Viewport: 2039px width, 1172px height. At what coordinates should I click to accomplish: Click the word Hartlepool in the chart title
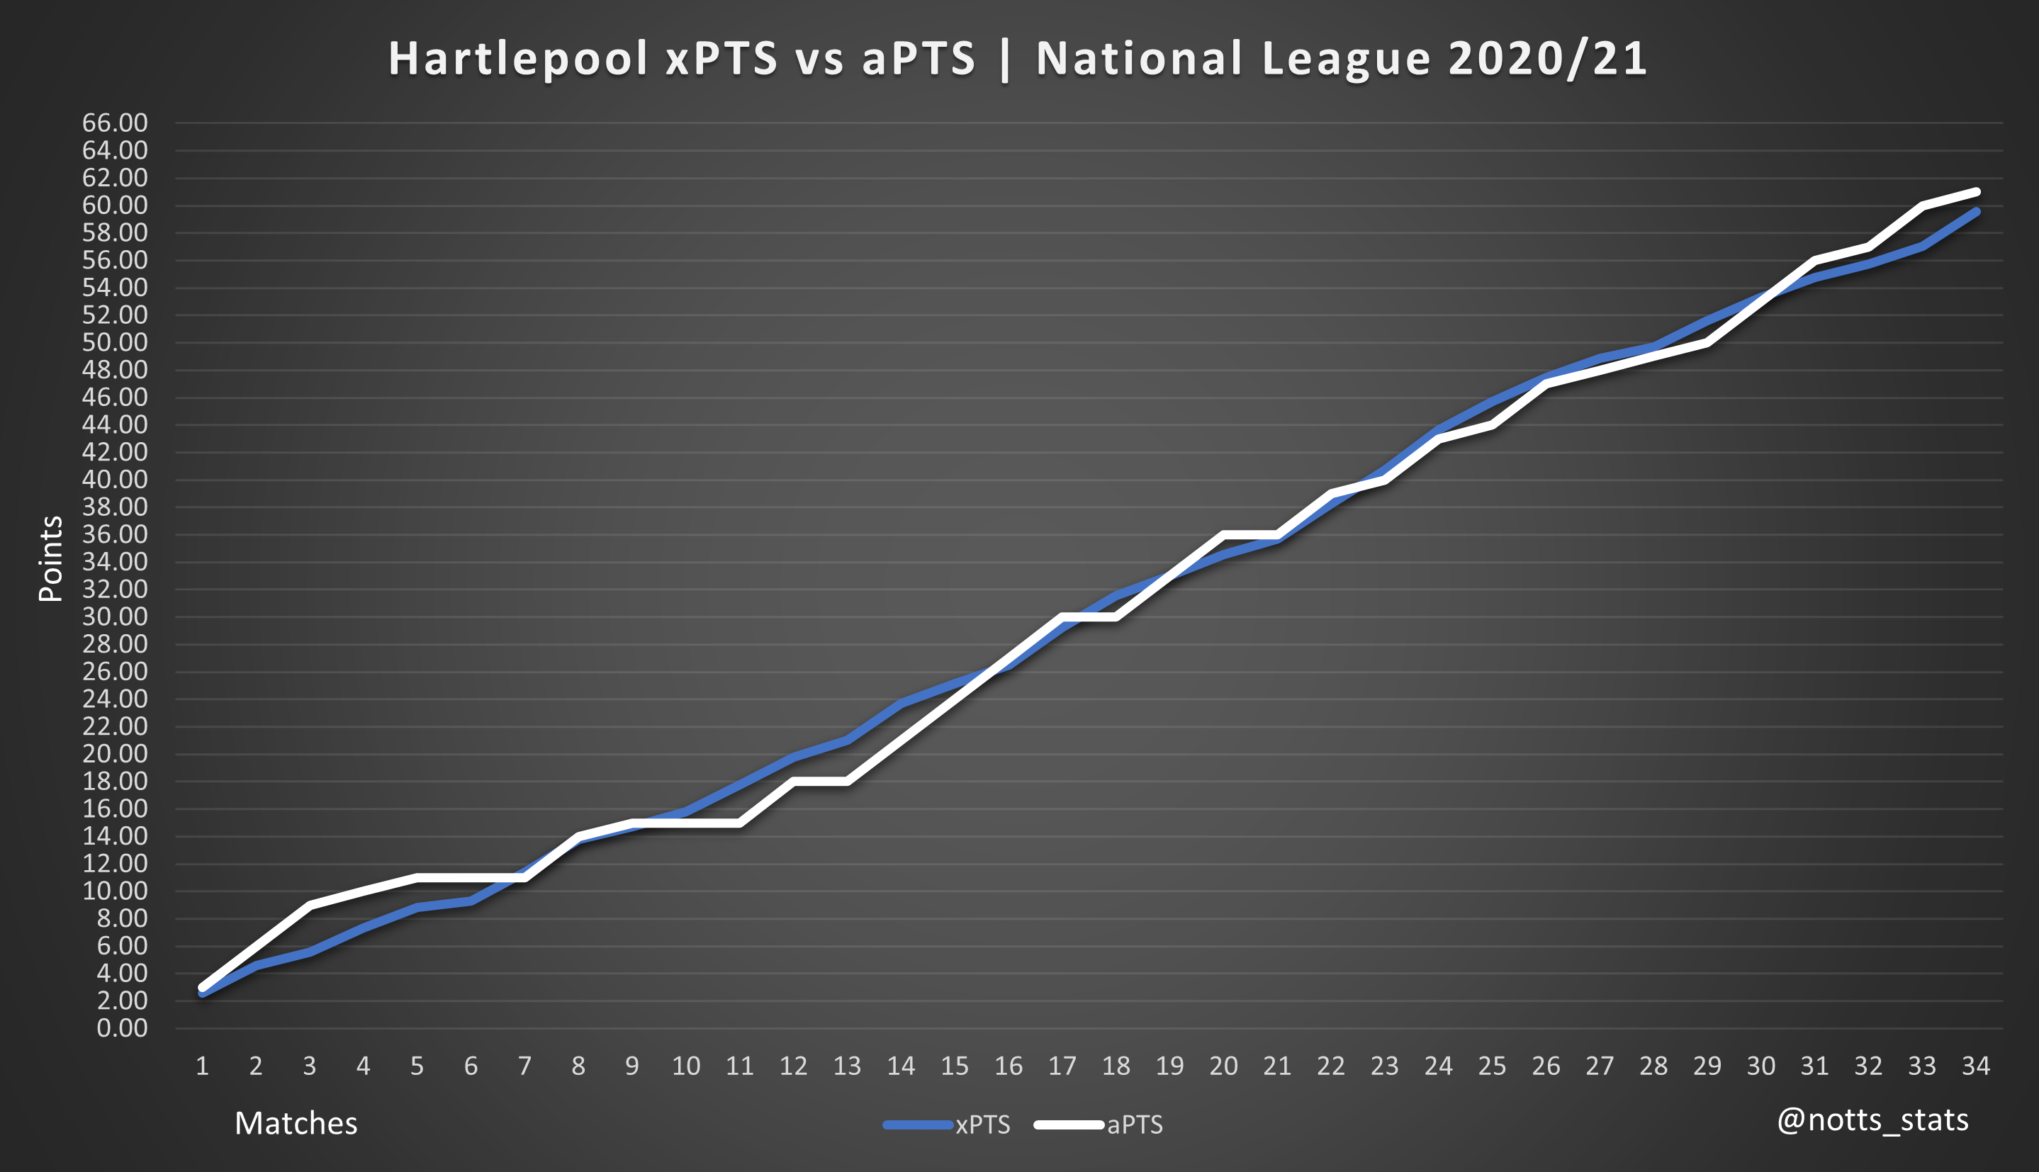tap(518, 59)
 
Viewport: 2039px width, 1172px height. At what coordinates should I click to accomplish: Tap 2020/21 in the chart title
tap(1547, 59)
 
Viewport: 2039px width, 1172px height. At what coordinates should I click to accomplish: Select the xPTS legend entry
tap(982, 1125)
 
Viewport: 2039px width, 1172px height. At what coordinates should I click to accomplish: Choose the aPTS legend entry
tap(1134, 1125)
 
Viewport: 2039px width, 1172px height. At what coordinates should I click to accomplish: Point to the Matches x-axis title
tap(296, 1123)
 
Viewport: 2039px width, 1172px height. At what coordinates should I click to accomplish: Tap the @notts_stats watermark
tap(1872, 1120)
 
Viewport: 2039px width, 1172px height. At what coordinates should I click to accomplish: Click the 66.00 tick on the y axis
tap(115, 123)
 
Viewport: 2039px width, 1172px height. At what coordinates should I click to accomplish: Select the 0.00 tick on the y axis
tap(122, 1028)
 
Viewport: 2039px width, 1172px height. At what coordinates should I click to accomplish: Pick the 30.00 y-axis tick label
tap(115, 616)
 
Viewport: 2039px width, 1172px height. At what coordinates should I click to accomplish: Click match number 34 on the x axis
tap(1975, 1066)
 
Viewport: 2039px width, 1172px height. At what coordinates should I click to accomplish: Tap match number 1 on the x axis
tap(202, 1066)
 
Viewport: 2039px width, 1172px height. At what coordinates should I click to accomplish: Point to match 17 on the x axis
tap(1062, 1066)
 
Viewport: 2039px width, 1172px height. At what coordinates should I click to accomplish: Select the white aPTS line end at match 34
tap(1976, 191)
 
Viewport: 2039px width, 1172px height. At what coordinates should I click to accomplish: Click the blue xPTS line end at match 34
tap(1976, 212)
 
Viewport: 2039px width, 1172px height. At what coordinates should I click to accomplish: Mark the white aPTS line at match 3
tap(310, 905)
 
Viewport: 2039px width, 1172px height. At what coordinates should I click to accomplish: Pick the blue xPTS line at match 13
tap(847, 740)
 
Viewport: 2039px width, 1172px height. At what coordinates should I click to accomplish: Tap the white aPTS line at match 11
tap(740, 823)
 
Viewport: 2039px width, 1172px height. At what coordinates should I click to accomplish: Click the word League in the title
tap(1346, 59)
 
